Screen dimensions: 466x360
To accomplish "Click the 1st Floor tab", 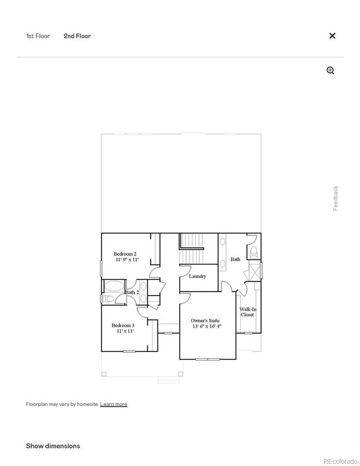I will coord(38,36).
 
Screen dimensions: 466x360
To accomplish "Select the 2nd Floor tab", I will coord(77,36).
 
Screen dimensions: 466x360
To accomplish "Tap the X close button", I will coord(332,36).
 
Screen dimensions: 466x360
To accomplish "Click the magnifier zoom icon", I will coord(330,71).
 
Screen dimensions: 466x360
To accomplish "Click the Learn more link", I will coord(114,404).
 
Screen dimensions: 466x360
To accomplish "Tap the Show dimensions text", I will coord(53,446).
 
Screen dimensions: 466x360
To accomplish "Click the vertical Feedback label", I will coord(335,198).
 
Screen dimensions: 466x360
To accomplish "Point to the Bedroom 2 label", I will coord(125,254).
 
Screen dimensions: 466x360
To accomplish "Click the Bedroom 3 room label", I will coord(123,326).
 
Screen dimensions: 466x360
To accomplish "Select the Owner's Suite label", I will coord(206,320).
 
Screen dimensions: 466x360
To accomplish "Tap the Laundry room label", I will coord(198,276).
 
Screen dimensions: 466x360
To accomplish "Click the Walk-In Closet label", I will coord(248,312).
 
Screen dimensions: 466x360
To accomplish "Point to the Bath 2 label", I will coord(132,292).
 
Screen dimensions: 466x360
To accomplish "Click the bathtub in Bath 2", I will coord(114,285).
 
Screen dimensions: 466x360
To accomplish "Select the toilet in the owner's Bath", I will coord(253,251).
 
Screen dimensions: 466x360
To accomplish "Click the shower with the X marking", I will coord(253,271).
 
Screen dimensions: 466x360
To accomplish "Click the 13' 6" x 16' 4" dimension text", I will coord(206,326).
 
